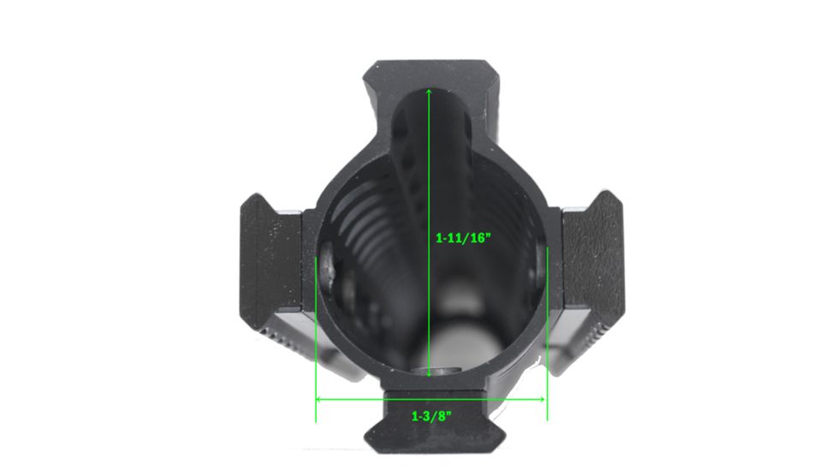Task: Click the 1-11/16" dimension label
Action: pos(463,237)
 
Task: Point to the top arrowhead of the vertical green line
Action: pos(428,89)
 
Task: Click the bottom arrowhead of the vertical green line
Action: pos(428,373)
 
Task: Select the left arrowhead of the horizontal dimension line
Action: pos(319,399)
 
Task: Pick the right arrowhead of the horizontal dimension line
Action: pos(543,399)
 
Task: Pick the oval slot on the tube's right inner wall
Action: pos(540,270)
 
